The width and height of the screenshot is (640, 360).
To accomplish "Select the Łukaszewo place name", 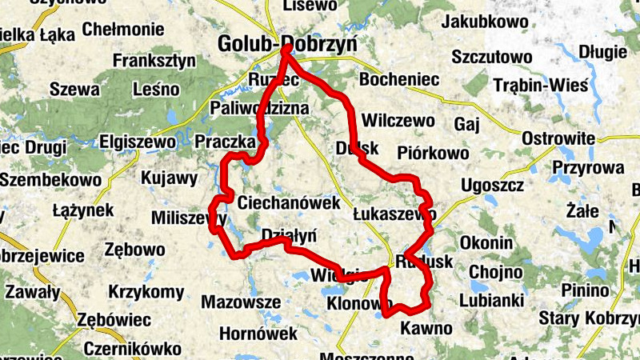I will (394, 214).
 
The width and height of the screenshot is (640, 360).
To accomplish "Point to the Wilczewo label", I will (398, 121).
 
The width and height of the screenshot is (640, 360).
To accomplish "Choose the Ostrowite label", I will (558, 138).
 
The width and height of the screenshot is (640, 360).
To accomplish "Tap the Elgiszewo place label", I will (137, 142).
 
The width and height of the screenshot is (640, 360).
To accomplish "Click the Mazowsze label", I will (241, 302).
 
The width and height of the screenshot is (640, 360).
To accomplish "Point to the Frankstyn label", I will (154, 60).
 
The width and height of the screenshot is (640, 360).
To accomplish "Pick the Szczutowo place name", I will (492, 57).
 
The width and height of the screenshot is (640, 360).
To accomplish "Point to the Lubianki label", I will (491, 301).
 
